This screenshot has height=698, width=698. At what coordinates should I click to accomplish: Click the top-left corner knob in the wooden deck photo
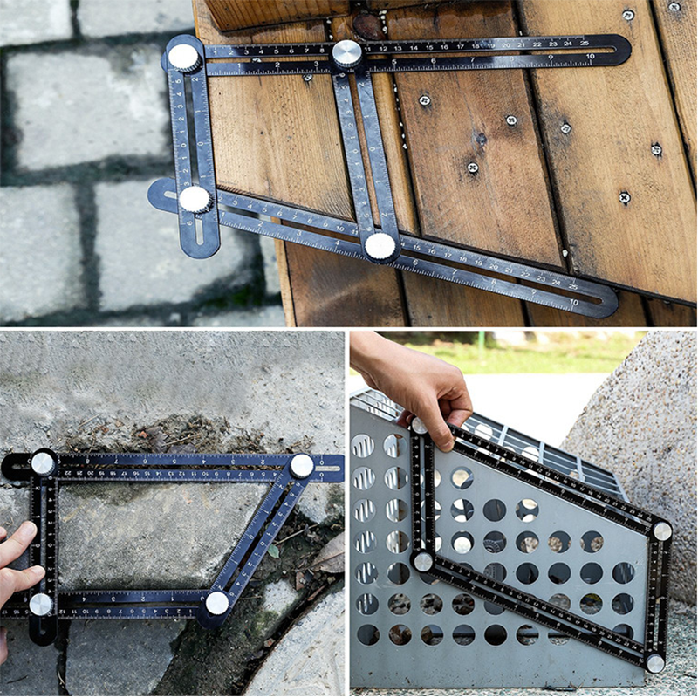point(184,57)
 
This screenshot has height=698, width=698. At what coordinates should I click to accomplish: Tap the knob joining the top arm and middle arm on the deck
point(346,53)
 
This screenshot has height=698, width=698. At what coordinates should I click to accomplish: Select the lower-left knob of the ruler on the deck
point(195,198)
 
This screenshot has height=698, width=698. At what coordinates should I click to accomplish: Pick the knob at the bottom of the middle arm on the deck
point(380,246)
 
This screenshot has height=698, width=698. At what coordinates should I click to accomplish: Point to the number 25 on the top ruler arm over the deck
point(568,42)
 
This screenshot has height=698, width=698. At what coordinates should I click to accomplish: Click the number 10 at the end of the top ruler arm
point(590,57)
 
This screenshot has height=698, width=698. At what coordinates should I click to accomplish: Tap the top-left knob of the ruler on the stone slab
point(43,463)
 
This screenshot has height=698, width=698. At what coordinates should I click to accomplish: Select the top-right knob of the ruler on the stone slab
point(301,466)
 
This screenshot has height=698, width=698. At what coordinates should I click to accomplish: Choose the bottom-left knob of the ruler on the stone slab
point(41,604)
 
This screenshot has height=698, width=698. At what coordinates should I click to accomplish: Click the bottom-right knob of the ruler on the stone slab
point(216,602)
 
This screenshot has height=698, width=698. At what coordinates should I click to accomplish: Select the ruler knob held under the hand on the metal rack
point(420,426)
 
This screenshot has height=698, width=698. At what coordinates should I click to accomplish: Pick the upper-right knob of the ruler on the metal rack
point(662,530)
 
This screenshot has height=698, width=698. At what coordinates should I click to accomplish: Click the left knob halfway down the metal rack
point(423,561)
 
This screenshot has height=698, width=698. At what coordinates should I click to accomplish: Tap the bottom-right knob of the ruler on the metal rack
point(654,663)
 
